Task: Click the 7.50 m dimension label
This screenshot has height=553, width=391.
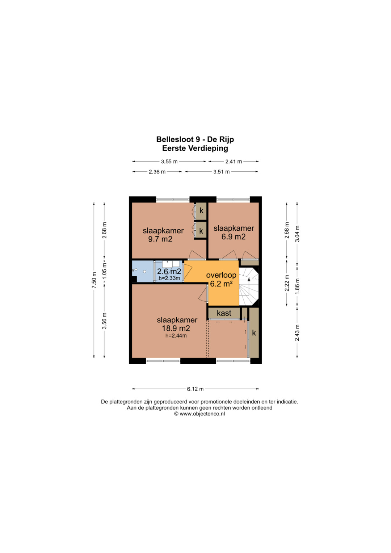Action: coord(94,280)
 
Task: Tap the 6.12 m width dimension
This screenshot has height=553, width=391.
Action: coord(195,389)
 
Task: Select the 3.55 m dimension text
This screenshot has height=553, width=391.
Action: coord(169,162)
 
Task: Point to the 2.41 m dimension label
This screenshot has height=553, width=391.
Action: coord(234,162)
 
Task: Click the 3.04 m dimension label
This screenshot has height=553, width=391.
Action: coord(297,234)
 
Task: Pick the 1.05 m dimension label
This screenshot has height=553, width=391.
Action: coord(105,272)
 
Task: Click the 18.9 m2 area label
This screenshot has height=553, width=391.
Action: coord(176,328)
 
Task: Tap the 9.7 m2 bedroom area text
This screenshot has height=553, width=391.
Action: coord(160,239)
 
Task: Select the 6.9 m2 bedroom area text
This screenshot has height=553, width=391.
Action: coord(233,237)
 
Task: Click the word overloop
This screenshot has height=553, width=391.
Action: coord(221,275)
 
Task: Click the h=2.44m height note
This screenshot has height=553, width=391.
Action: coord(176,336)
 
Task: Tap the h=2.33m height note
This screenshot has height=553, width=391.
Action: coord(169,278)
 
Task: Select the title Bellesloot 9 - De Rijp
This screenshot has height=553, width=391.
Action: coord(195,139)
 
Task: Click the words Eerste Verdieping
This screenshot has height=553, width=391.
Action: coord(195,148)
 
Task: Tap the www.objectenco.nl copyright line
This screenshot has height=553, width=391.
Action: coord(199,414)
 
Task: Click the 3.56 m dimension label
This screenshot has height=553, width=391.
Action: coord(105,321)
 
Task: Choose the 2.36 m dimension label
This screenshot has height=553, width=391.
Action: coord(157,172)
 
